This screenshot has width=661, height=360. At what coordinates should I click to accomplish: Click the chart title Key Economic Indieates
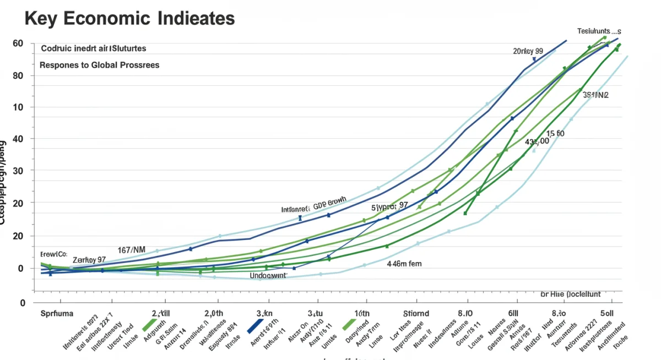click(x=130, y=18)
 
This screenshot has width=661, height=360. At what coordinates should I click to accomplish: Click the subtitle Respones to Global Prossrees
click(x=100, y=65)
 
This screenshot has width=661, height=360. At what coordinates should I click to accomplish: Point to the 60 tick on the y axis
click(x=18, y=43)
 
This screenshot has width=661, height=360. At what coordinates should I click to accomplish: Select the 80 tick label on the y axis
click(x=18, y=75)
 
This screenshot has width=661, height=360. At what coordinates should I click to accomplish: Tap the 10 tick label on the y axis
click(x=18, y=107)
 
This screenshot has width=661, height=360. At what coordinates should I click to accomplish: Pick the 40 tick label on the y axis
click(x=18, y=139)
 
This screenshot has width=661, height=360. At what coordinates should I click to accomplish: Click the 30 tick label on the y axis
click(x=18, y=171)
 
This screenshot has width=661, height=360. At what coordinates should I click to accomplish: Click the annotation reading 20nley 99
click(x=528, y=51)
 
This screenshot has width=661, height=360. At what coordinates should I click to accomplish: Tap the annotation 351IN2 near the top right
click(x=595, y=95)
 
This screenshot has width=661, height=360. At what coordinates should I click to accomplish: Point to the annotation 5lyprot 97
click(x=389, y=206)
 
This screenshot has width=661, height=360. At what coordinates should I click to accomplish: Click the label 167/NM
click(x=132, y=250)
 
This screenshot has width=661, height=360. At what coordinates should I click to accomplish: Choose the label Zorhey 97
click(x=89, y=259)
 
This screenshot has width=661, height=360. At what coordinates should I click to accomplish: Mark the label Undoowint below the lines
click(x=268, y=275)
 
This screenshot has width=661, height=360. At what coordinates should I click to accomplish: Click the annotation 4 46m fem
click(x=404, y=264)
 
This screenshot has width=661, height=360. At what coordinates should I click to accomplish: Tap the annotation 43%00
click(x=537, y=142)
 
